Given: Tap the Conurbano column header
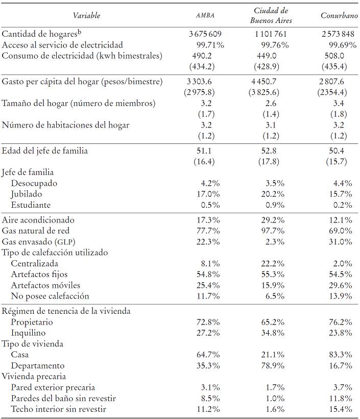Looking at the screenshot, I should (x=339, y=16).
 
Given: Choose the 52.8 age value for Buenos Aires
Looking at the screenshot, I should (x=271, y=151).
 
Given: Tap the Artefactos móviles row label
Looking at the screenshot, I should (x=45, y=285).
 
